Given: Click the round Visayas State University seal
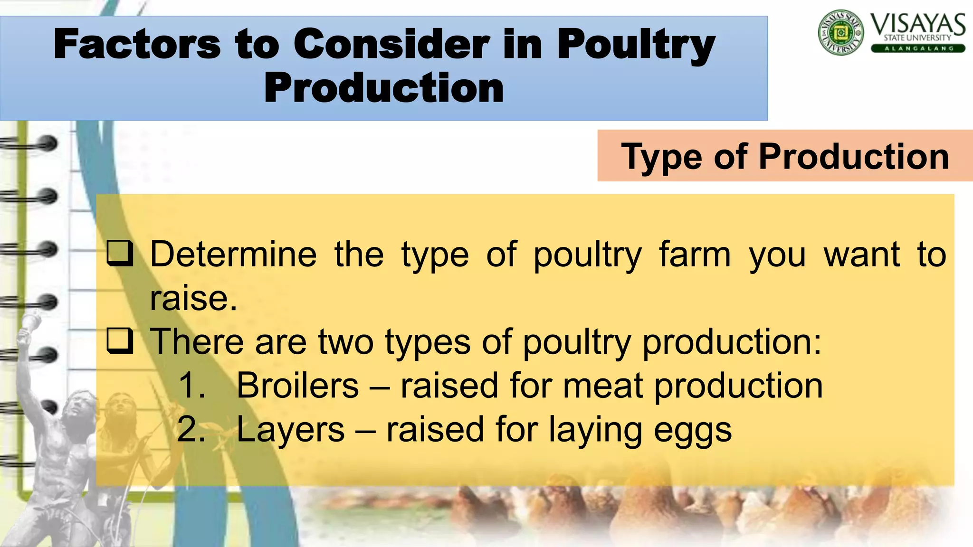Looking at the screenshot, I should [x=840, y=32].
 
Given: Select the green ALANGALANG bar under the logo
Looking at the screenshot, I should [x=918, y=48].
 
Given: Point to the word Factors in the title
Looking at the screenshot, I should [x=137, y=44].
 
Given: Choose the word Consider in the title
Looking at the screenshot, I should [x=391, y=44].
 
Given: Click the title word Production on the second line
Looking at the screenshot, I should [x=384, y=88].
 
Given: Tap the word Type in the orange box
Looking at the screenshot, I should [x=662, y=157].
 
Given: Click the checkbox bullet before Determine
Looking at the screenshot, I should [x=119, y=253].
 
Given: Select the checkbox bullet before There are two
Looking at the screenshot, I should [x=119, y=340].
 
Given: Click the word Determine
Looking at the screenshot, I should [x=233, y=255].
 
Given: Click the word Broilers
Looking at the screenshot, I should [x=297, y=385].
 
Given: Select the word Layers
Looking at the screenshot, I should [x=290, y=430].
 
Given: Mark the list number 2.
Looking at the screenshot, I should [x=191, y=429].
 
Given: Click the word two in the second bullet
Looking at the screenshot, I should [x=346, y=341].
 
